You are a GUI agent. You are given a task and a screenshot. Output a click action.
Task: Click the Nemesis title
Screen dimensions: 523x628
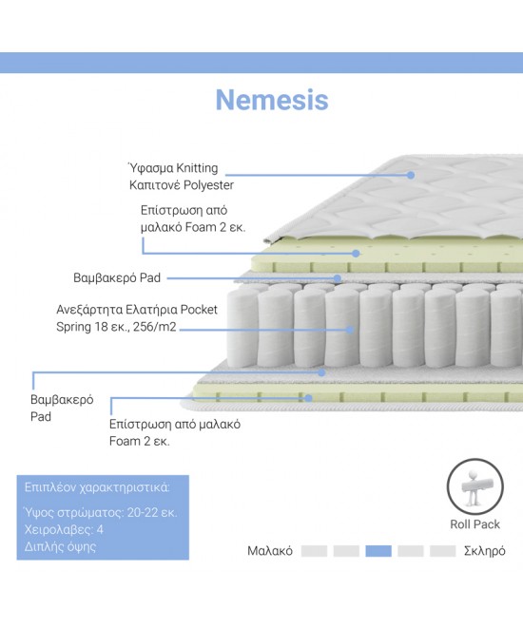(x=272, y=100)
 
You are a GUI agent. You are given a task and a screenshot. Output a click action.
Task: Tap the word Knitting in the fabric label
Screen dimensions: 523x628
(x=197, y=168)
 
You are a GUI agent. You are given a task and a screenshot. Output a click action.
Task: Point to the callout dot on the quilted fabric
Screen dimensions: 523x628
(x=411, y=175)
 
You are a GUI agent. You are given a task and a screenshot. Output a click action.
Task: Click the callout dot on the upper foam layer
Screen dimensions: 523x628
(x=356, y=253)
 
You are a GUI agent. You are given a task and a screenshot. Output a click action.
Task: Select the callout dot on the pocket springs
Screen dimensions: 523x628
(x=350, y=330)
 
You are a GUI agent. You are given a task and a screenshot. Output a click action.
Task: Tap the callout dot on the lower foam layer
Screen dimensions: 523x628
(x=308, y=398)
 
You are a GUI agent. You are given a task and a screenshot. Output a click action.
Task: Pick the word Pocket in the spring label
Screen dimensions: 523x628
(x=199, y=310)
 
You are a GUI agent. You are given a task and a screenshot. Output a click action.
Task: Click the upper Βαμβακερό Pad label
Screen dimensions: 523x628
(x=117, y=278)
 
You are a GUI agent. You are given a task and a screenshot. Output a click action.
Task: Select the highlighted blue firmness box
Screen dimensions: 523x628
(x=378, y=551)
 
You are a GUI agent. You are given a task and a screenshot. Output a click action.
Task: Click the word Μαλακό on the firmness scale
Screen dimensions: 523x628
(x=270, y=551)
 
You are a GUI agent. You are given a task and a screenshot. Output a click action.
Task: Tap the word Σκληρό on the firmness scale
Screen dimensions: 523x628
(x=485, y=551)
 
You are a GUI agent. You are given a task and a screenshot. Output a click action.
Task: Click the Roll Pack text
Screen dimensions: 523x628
(x=475, y=524)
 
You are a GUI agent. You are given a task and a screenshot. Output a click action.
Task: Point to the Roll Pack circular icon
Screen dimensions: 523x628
(x=475, y=460)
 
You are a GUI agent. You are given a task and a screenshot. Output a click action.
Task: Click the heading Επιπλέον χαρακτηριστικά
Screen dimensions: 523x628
(x=97, y=487)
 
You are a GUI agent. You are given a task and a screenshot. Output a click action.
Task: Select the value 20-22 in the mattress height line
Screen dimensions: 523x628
(x=143, y=513)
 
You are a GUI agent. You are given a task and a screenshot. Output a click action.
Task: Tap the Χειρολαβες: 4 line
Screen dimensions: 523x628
(x=64, y=530)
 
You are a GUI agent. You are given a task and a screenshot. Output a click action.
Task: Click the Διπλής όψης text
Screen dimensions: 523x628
(x=61, y=547)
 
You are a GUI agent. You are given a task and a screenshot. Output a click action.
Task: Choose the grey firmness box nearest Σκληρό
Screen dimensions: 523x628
(x=442, y=551)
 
